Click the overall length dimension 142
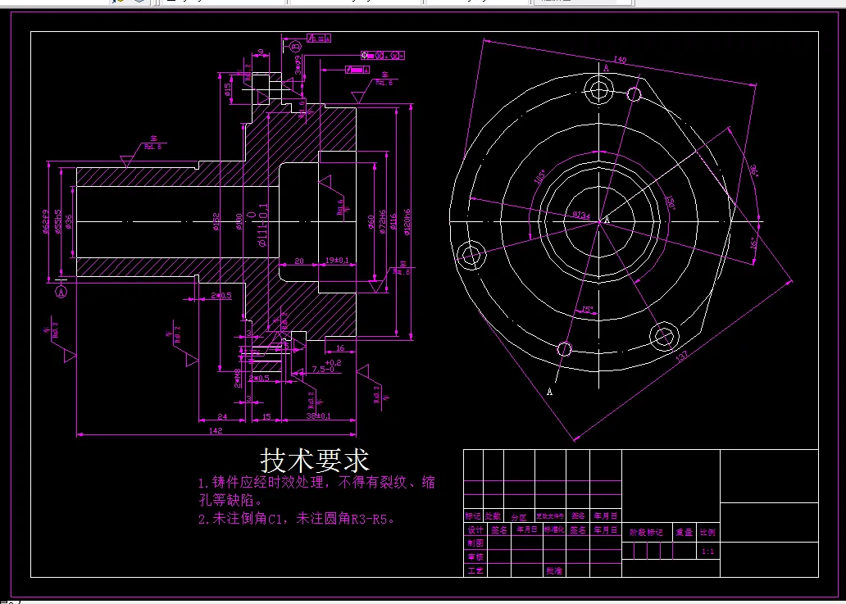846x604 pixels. pos(216,429)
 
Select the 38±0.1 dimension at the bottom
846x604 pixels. pos(319,416)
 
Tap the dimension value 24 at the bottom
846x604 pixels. pos(221,416)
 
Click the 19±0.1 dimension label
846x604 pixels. pos(337,261)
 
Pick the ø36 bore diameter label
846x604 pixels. pos(69,222)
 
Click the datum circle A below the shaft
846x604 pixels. pos(61,289)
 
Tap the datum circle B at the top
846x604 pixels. pos(296,48)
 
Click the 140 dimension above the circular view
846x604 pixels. pos(620,60)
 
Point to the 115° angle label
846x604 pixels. pos(540,178)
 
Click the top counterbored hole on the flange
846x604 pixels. pos(597,87)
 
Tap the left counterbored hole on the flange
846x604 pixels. pos(471,255)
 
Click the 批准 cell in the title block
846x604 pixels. pos(553,570)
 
